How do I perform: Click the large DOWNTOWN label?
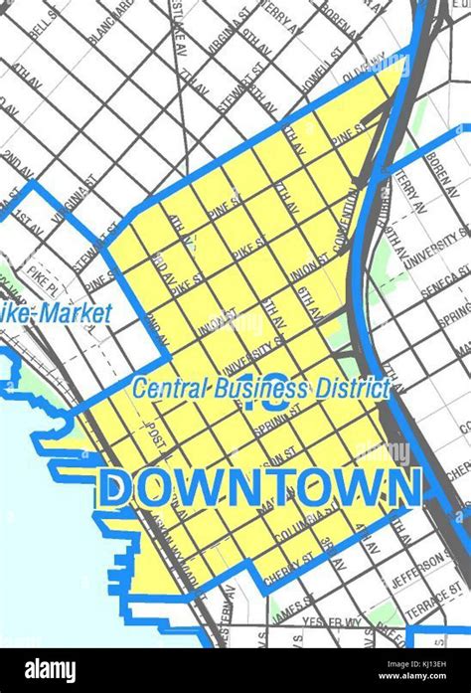(x=261, y=487)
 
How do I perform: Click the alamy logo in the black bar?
(x=51, y=670)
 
